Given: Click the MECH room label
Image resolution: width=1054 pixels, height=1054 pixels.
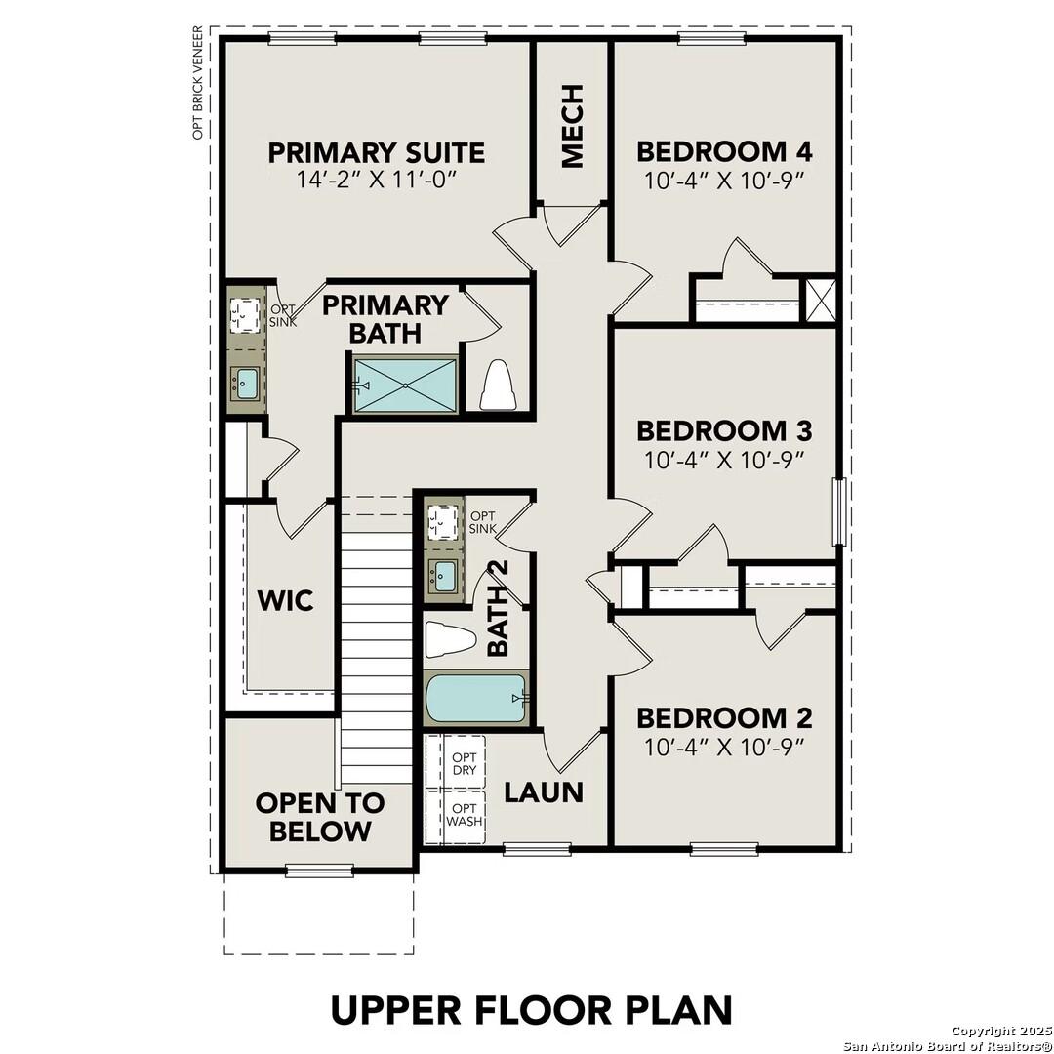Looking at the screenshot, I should pos(572,126).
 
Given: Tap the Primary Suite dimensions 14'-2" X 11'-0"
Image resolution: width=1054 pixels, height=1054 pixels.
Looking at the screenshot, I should pos(376,181).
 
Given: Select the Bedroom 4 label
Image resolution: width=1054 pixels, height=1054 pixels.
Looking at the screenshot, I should pos(724,151).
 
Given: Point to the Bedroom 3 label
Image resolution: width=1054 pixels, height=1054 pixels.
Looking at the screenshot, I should pos(724,430).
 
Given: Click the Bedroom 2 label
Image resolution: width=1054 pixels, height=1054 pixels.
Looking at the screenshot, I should pos(724,718).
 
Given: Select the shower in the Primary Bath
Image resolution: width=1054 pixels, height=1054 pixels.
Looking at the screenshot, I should pos(405,385).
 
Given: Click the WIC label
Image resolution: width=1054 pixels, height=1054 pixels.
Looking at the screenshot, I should pos(285,600).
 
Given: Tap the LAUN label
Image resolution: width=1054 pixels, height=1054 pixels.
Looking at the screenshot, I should pos(544,792).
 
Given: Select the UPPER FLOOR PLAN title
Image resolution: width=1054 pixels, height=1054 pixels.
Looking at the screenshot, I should pos(531,1009).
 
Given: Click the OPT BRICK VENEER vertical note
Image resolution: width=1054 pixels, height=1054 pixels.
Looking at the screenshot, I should pos(198,83).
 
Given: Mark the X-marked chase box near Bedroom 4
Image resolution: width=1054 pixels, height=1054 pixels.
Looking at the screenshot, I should pos(818,301).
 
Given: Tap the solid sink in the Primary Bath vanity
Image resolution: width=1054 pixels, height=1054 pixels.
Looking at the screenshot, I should pos(245,383).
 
